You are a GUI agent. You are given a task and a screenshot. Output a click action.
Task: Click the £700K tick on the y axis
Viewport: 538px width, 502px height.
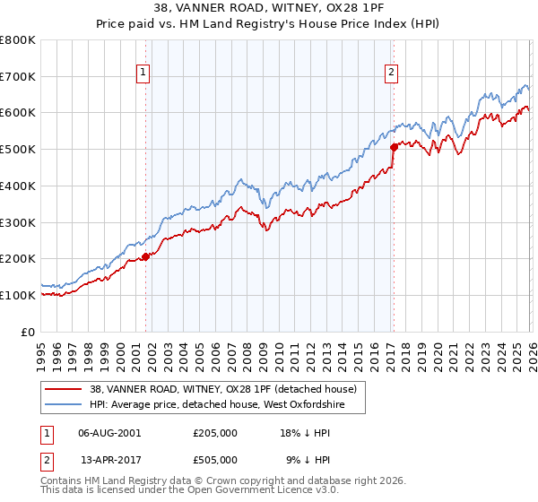tap(18, 76)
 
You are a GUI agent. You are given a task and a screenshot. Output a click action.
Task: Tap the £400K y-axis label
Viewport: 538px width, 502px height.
tap(18, 186)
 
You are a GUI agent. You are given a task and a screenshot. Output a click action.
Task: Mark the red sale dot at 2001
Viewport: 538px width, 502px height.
tap(145, 256)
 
